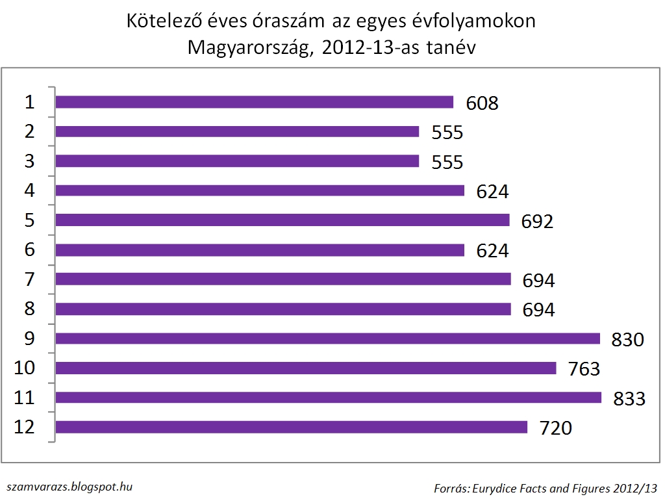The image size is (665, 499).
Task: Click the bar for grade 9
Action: coord(328,339)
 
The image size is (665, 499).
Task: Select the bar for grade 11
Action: coord(329,398)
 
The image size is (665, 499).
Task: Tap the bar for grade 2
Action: coord(238,132)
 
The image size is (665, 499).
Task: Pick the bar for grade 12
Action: coord(292,428)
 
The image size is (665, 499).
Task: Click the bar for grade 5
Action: coord(282,220)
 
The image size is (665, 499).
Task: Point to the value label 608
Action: coord(482,103)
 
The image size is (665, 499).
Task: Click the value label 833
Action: coord(629,398)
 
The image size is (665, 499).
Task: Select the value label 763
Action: coord(583,368)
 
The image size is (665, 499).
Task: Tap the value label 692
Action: coord(537,222)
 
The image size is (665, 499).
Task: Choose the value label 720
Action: coord(555,428)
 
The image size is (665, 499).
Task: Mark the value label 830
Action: coord(627,339)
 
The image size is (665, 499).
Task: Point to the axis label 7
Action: coord(29,279)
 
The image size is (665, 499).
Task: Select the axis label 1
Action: coord(29,101)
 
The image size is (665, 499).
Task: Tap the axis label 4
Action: coord(29,190)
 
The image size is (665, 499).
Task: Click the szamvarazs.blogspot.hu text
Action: coord(71,486)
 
